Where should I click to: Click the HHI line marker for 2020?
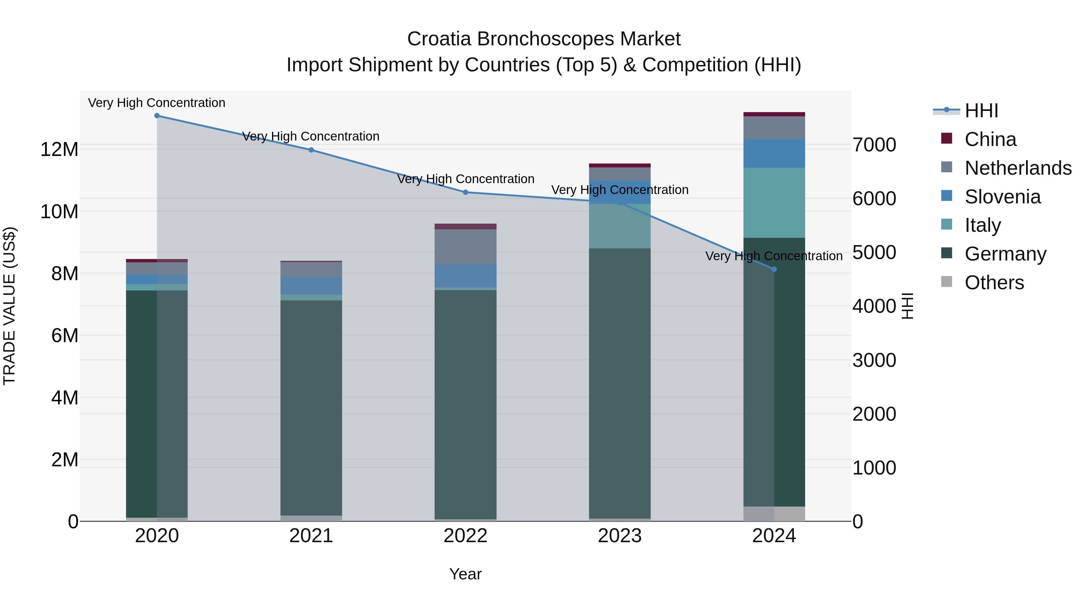157,115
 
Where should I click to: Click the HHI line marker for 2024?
774,269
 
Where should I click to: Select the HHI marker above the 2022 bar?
465,192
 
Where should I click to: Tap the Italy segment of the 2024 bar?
774,203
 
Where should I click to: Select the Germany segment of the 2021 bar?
311,408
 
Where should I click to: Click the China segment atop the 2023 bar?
620,166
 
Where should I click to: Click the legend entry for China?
990,139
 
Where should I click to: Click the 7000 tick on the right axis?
874,145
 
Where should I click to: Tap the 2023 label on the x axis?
620,536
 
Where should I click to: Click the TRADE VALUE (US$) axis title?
9,306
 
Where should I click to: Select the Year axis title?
465,574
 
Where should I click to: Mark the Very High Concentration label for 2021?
311,136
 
